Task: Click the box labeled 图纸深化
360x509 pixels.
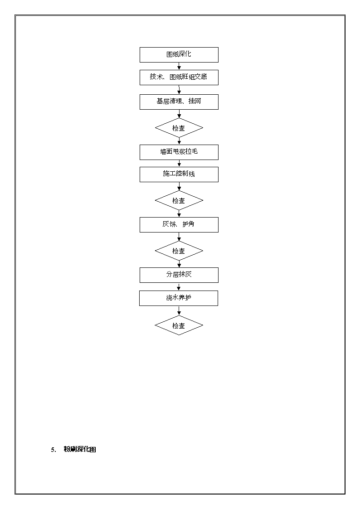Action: pyautogui.click(x=179, y=54)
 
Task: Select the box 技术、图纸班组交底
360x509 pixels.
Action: pyautogui.click(x=179, y=77)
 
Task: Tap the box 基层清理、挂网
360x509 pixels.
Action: pyautogui.click(x=179, y=102)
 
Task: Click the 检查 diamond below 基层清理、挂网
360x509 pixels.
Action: pyautogui.click(x=179, y=128)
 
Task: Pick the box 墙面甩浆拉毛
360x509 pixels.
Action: pyautogui.click(x=179, y=152)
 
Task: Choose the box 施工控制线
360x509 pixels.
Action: pyautogui.click(x=179, y=175)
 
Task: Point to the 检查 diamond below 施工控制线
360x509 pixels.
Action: pyautogui.click(x=179, y=200)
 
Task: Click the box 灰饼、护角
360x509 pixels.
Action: pyautogui.click(x=179, y=225)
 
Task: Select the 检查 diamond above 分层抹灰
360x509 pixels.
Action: pyautogui.click(x=179, y=251)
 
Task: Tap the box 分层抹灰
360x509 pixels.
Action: pyautogui.click(x=179, y=275)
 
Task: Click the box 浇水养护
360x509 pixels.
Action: pyautogui.click(x=179, y=298)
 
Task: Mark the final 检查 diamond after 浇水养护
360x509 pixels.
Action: pyautogui.click(x=179, y=325)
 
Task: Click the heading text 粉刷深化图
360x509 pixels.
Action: pyautogui.click(x=79, y=449)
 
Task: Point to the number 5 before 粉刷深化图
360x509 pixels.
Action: pyautogui.click(x=53, y=450)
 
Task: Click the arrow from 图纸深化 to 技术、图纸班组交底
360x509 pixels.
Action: pyautogui.click(x=179, y=66)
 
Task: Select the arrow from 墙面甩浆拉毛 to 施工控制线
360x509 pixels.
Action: pyautogui.click(x=179, y=163)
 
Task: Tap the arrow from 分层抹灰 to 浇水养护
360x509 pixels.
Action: pyautogui.click(x=179, y=286)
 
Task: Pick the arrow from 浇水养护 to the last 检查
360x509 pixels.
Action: pyautogui.click(x=179, y=310)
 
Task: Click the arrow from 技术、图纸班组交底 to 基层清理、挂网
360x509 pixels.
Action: pyautogui.click(x=179, y=90)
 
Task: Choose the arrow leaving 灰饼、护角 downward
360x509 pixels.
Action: pyautogui.click(x=179, y=237)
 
